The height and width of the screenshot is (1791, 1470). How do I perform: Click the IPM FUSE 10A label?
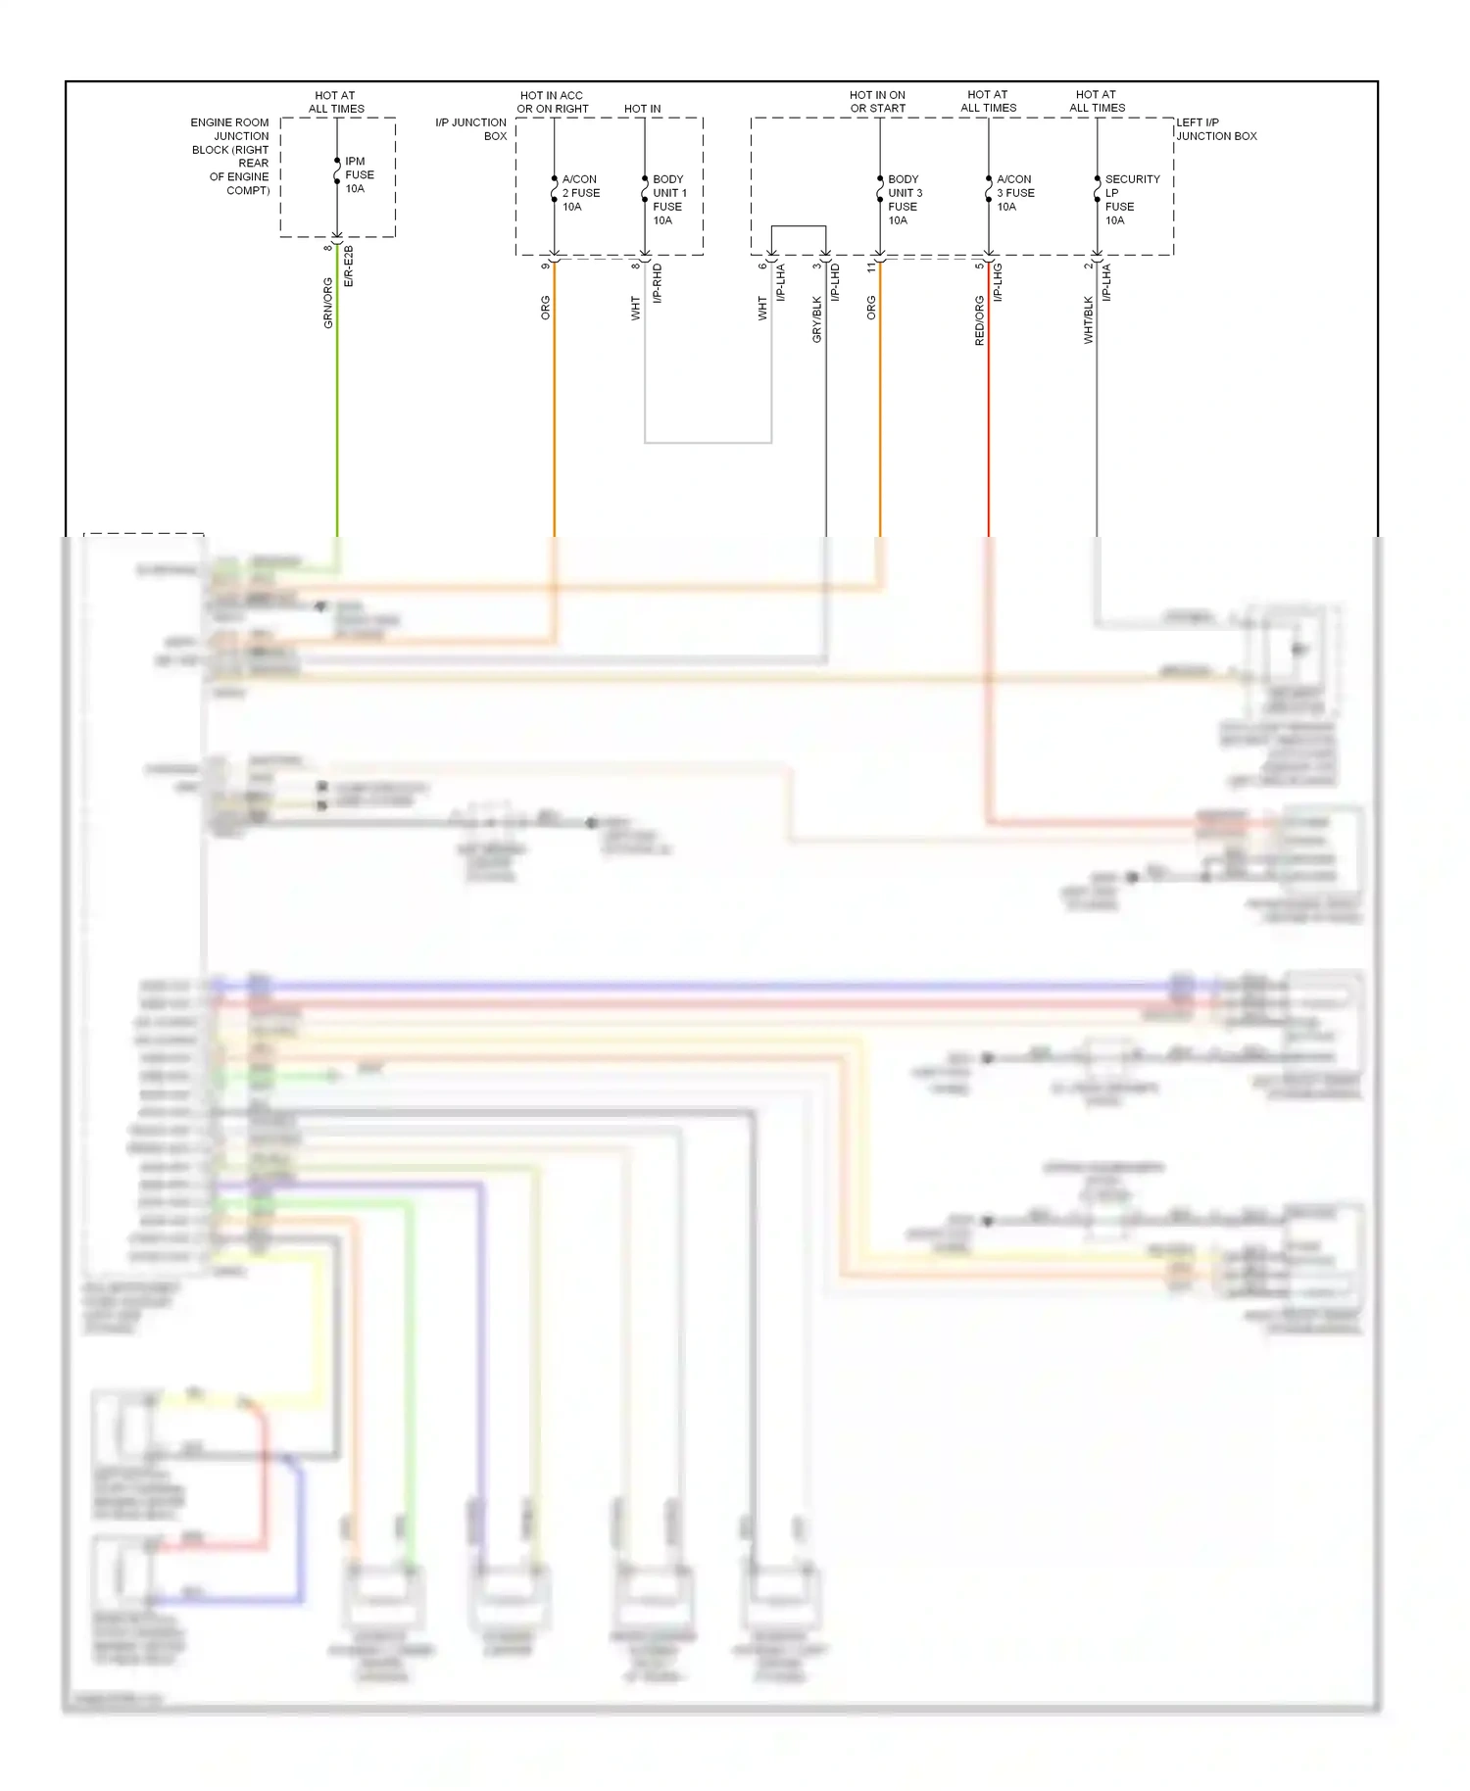(358, 175)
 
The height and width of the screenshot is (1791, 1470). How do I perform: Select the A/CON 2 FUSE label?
(580, 193)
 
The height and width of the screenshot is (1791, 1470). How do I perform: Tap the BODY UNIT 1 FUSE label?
(669, 200)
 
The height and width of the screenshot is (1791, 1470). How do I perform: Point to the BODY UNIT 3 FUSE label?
(904, 200)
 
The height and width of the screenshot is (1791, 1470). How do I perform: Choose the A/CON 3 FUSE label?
(1014, 193)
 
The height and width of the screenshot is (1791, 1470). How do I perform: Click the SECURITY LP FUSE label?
(1131, 200)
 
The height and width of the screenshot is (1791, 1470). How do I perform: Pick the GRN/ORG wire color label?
(328, 303)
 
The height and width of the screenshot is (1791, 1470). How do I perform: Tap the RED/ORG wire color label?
(979, 320)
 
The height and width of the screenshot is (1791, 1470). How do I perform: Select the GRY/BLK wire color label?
(816, 319)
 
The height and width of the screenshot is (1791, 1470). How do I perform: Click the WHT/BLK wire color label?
(1088, 319)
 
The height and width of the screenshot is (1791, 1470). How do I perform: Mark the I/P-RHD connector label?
(658, 283)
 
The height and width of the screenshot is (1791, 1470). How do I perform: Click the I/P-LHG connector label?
(998, 282)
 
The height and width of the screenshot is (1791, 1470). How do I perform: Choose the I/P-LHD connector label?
(835, 282)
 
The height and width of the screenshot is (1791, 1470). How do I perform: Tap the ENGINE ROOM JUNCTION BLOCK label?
(231, 156)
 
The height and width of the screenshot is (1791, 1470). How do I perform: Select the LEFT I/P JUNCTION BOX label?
(1216, 129)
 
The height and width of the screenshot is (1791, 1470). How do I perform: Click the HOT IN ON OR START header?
(877, 102)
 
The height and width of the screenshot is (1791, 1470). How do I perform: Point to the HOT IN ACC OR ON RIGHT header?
(553, 102)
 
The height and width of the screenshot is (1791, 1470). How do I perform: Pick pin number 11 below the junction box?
(870, 266)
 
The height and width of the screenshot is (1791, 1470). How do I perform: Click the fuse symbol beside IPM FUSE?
(337, 174)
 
